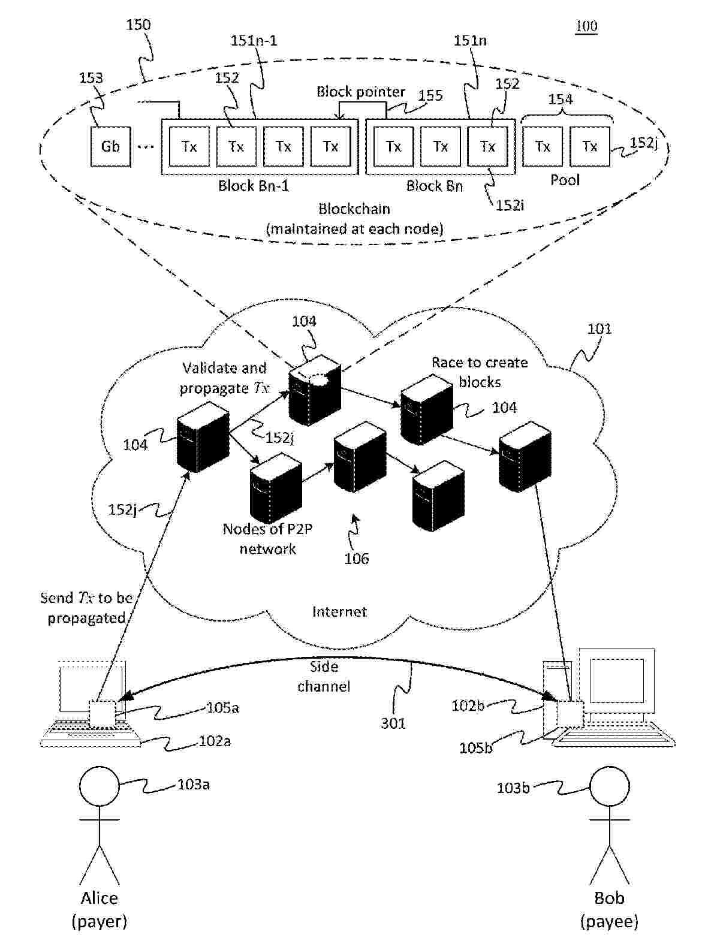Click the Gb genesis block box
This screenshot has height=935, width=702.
110,146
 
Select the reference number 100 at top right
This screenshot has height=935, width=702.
586,26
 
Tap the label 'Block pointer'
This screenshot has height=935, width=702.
360,92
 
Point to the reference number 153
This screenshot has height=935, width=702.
91,78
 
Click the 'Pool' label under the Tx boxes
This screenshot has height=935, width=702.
565,180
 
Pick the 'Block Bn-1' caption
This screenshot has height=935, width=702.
253,186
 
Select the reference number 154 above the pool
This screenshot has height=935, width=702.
561,99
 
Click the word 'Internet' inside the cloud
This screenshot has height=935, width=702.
339,611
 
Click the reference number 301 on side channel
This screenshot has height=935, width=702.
393,723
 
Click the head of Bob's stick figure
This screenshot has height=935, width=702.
610,787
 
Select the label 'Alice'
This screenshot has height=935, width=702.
100,898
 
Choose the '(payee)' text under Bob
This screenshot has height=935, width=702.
609,921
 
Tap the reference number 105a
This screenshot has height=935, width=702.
222,708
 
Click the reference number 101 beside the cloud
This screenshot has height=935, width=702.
599,328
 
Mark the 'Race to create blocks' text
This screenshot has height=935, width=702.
480,372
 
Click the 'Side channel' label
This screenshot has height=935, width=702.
324,676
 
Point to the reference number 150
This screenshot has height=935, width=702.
138,25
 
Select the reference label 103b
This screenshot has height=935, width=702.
513,788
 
